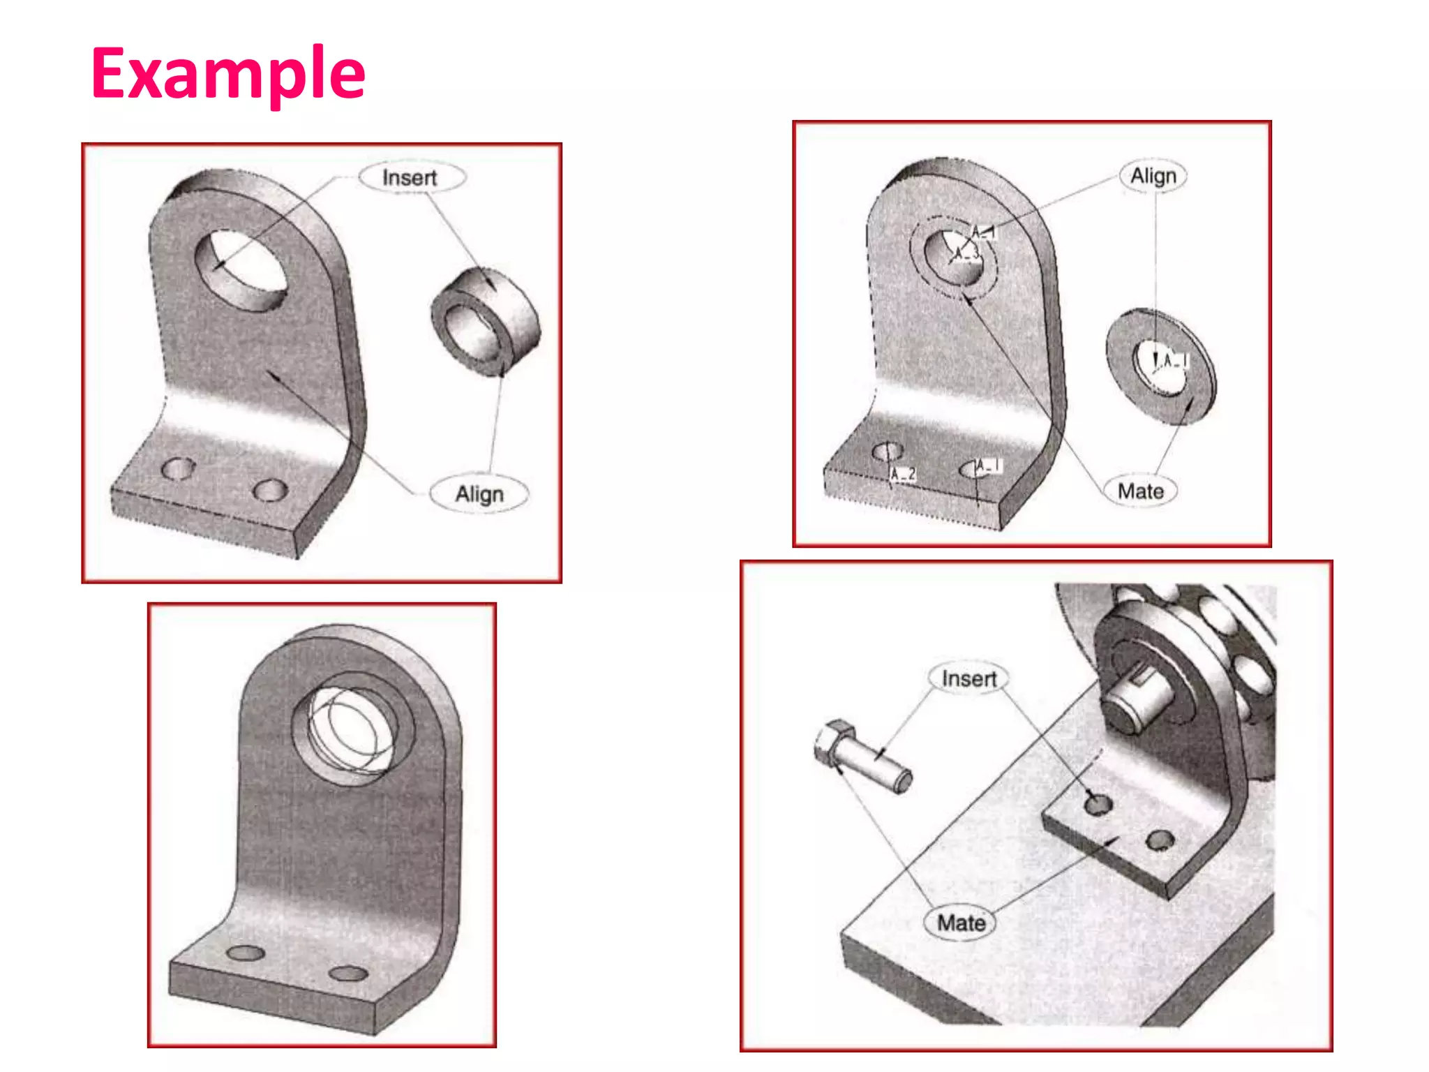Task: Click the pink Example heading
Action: point(228,73)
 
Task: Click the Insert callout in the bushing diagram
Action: point(411,177)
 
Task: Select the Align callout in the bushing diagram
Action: point(479,494)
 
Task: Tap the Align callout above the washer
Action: point(1153,176)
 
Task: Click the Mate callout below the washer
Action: point(1140,491)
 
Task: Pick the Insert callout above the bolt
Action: point(968,678)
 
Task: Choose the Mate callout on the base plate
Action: point(961,923)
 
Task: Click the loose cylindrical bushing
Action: point(486,322)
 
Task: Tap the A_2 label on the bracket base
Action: point(904,475)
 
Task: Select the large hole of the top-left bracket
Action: point(241,271)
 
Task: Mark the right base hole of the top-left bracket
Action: point(269,491)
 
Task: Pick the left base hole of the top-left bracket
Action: point(177,468)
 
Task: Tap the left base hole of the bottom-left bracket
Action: point(246,953)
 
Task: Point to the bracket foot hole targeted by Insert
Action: point(1098,805)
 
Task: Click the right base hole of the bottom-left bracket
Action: point(348,974)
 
